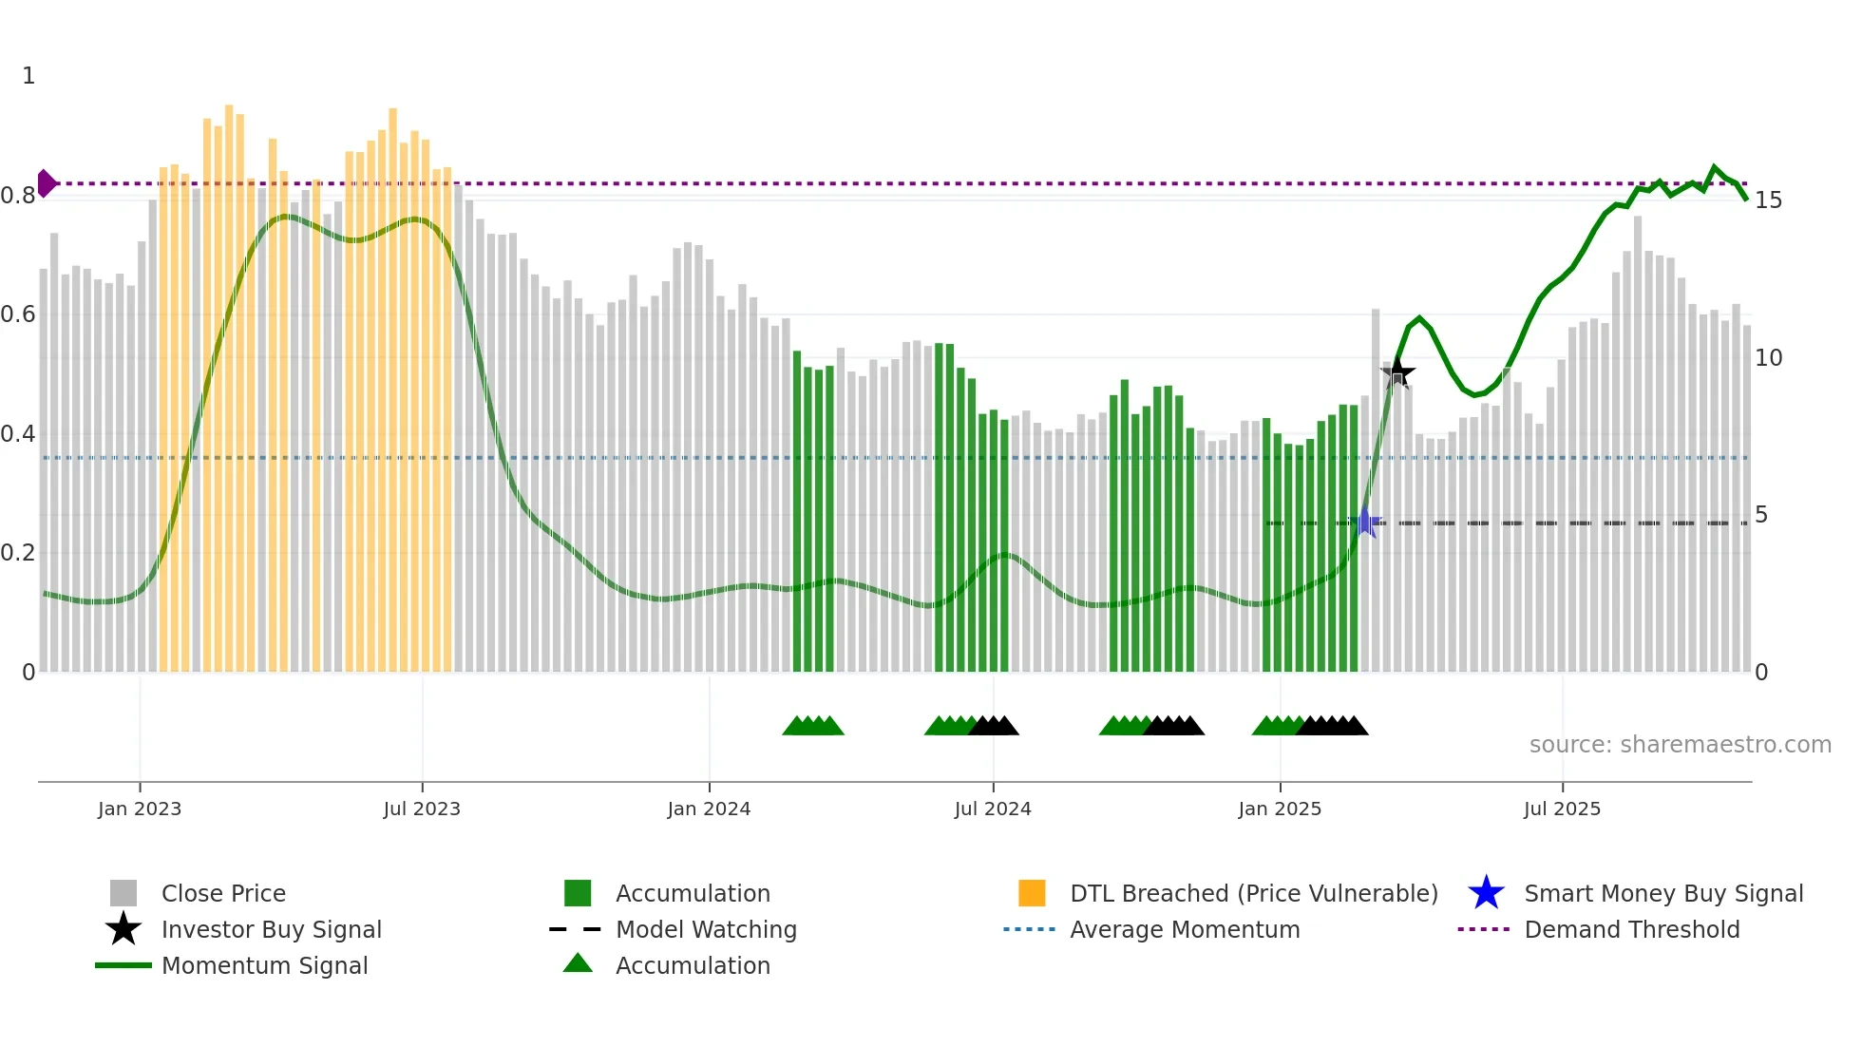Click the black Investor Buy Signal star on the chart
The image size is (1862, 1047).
1397,372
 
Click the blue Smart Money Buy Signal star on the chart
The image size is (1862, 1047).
1366,522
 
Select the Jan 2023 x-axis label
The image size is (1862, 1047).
140,809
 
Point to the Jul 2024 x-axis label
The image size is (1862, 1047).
993,809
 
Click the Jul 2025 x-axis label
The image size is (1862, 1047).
1562,809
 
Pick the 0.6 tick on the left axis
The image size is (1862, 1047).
17,314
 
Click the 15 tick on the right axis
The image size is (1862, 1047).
1768,200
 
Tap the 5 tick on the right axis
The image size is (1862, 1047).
1761,515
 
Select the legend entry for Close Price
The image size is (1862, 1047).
223,893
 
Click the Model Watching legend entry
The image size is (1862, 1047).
706,929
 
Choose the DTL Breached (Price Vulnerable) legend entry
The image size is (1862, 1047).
1253,893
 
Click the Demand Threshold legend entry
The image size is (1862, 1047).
1631,929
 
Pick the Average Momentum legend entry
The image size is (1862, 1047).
1184,929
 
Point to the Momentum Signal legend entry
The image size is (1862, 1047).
264,965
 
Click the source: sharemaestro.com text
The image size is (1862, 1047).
1680,745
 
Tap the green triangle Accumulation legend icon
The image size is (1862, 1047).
578,963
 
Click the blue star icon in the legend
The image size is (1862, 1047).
1486,893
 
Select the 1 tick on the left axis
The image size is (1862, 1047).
28,76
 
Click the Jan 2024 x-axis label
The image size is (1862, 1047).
709,809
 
